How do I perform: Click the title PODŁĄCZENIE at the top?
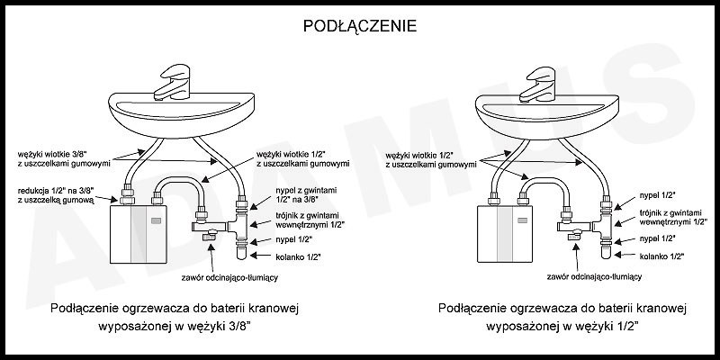[359, 25]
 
